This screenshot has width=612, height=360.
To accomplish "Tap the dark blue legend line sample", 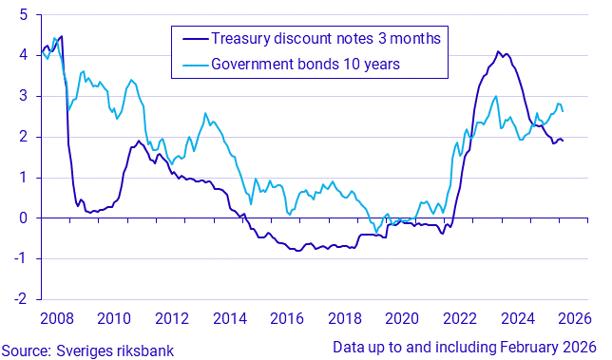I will click(x=191, y=39).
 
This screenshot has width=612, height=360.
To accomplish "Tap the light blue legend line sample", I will click(x=191, y=65).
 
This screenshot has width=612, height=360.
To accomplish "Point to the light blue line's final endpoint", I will click(x=564, y=112).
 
